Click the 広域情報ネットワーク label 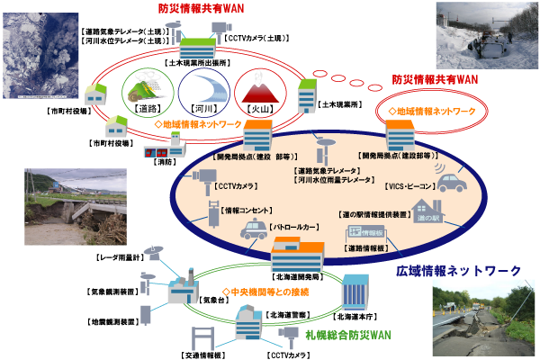point(459,271)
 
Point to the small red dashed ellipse point(431,112)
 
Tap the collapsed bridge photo point(62,206)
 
